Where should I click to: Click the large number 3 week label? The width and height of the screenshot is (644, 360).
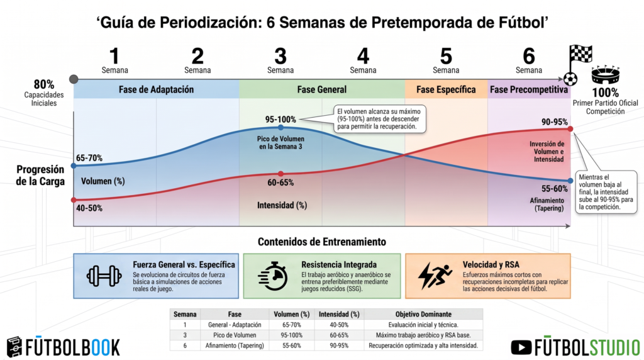click(x=280, y=56)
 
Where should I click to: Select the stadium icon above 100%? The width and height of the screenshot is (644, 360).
click(x=606, y=75)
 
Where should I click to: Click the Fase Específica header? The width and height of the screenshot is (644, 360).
click(x=446, y=89)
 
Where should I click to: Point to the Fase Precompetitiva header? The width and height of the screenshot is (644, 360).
click(x=529, y=89)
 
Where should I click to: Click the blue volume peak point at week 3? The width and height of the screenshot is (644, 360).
click(x=280, y=128)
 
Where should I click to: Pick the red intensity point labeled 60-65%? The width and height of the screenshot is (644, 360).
click(x=280, y=174)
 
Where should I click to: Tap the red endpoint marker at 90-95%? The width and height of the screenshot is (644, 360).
click(x=570, y=129)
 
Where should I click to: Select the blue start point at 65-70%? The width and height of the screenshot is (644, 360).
click(x=74, y=166)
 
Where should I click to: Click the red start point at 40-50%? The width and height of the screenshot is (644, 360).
click(x=74, y=200)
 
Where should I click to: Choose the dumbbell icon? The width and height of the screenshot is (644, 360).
click(x=104, y=276)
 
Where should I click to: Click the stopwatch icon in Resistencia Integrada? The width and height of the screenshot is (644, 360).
click(x=273, y=276)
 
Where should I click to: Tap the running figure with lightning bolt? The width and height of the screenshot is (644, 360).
click(x=435, y=276)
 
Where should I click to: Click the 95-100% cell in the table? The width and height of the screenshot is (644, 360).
click(x=292, y=335)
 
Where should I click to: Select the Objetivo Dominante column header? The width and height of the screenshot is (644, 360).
click(x=423, y=315)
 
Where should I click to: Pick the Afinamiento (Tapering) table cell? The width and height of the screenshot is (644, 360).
click(x=235, y=346)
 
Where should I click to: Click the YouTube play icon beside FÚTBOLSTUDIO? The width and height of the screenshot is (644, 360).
click(x=521, y=347)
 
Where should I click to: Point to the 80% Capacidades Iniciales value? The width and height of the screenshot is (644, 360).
click(x=44, y=84)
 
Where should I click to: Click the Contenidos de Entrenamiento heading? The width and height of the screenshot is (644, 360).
click(x=322, y=242)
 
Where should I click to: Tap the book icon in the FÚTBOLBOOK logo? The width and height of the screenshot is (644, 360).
click(x=14, y=347)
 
